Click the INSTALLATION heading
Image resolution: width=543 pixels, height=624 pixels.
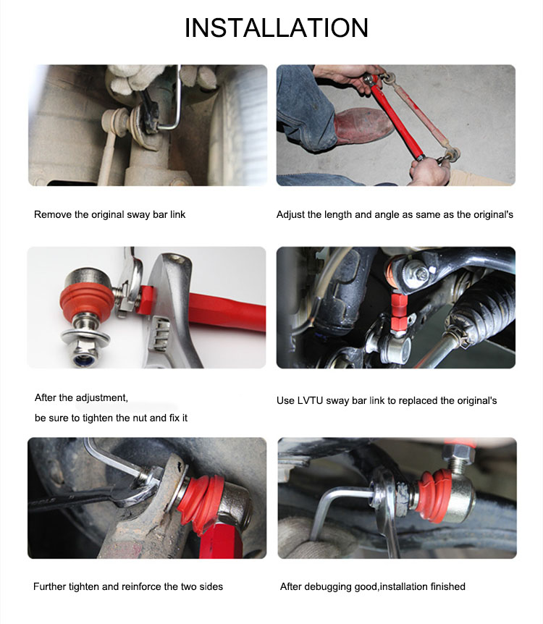coord(277,28)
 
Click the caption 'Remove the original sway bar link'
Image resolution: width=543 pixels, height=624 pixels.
coord(109,215)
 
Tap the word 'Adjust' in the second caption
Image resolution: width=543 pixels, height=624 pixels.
coord(291,215)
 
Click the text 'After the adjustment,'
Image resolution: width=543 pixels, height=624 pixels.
coord(81,398)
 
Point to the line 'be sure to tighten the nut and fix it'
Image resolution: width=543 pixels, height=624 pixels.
coord(111,418)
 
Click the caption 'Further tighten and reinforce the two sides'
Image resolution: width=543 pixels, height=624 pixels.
coord(128,586)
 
